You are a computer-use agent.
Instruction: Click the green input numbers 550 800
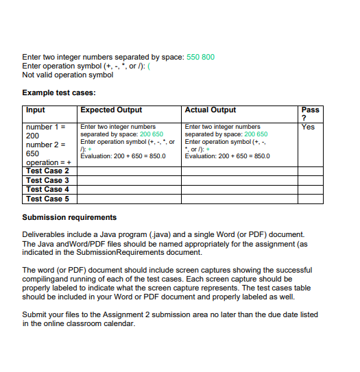(200, 57)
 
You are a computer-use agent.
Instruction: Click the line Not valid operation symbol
(67, 75)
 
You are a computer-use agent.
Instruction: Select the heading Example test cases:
(58, 92)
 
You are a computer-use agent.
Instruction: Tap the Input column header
(36, 110)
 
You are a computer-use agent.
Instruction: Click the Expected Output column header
(111, 110)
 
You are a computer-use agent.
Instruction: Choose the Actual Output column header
(211, 110)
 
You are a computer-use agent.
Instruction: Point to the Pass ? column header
(310, 114)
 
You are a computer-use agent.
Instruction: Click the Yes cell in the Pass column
(308, 127)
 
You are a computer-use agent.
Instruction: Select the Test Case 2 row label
(47, 171)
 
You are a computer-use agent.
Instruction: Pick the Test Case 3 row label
(47, 180)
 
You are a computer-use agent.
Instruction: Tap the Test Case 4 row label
(47, 189)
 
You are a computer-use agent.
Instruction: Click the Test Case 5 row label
(47, 199)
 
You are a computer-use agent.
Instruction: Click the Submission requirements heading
(69, 217)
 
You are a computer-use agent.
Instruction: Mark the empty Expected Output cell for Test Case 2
(129, 171)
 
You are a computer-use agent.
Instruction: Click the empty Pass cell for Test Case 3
(310, 180)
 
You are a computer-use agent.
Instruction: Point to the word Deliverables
(43, 234)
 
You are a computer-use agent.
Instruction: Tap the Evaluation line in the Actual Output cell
(228, 156)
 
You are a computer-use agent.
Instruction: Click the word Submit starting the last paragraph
(34, 315)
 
